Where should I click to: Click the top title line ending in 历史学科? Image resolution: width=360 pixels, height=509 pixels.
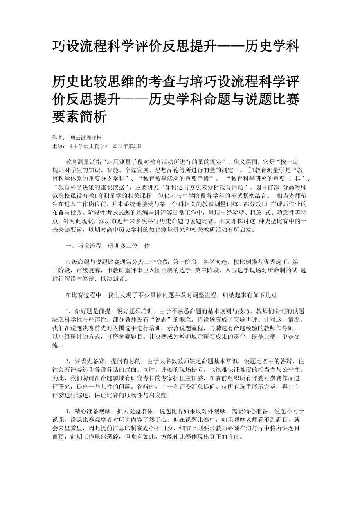coord(176,47)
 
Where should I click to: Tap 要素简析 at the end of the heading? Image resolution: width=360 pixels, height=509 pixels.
coord(79,116)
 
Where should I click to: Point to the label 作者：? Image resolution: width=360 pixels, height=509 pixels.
coord(59,138)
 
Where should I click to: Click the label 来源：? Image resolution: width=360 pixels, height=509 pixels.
coord(59,146)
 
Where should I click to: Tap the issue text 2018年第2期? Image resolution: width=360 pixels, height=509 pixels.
coord(126,146)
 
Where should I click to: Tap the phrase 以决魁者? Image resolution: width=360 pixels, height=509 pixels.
coord(120,279)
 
